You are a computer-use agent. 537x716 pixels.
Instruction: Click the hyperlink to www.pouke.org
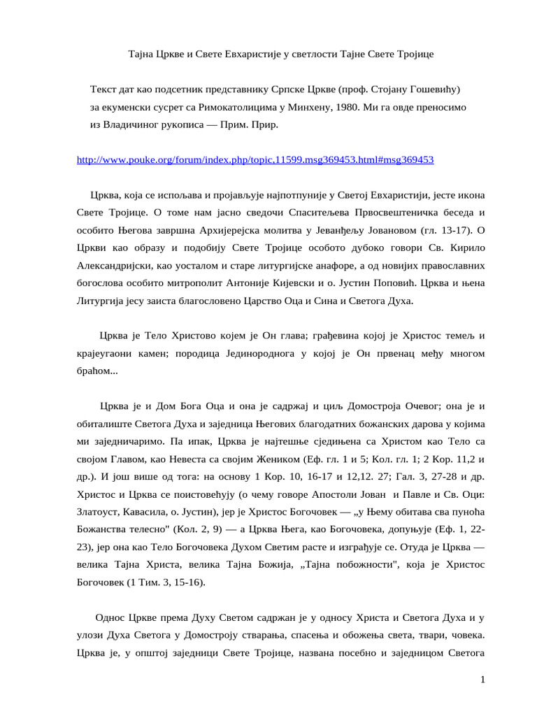tap(255, 159)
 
